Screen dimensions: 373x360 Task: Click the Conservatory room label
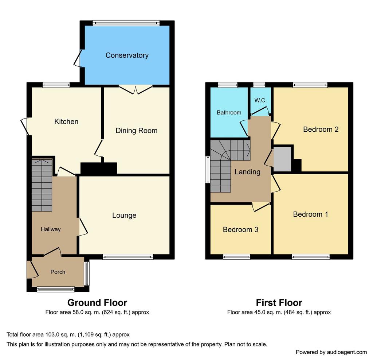(x=127, y=55)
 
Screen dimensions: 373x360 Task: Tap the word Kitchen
(x=66, y=121)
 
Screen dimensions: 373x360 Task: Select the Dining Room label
(x=137, y=131)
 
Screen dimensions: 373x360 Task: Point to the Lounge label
(x=124, y=216)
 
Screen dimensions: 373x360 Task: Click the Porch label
(x=58, y=272)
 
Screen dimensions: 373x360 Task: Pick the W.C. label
(x=260, y=100)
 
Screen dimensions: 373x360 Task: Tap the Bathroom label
(x=229, y=112)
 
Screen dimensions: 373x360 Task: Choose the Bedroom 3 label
(x=240, y=229)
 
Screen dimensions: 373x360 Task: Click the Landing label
(x=247, y=172)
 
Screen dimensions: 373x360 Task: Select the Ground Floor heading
(x=97, y=303)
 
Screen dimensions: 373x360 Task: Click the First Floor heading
(x=279, y=303)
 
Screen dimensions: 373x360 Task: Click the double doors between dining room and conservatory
(x=136, y=90)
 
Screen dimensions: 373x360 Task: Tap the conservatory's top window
(x=126, y=23)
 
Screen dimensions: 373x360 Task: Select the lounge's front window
(x=128, y=257)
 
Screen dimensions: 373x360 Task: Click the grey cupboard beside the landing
(x=282, y=159)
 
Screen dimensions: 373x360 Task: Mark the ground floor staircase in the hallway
(x=42, y=185)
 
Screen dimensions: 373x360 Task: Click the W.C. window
(x=259, y=85)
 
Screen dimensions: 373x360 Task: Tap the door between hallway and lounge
(x=83, y=227)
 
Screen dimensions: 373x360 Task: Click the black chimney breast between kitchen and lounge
(x=99, y=169)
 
